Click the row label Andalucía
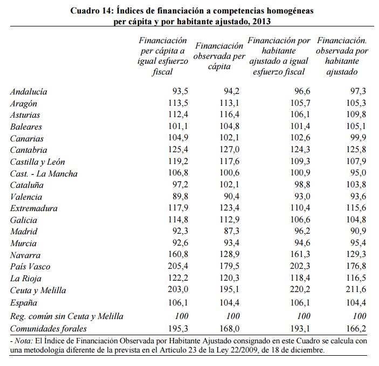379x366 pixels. click(28, 92)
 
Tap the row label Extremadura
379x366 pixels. click(33, 208)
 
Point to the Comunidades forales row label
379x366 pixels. click(48, 328)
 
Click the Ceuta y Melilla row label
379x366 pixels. click(38, 290)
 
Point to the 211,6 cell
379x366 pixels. click(356, 290)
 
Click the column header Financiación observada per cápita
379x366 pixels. click(219, 56)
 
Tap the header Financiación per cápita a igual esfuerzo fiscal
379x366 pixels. click(163, 56)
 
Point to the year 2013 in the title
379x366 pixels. click(260, 22)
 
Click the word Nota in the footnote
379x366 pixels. click(24, 341)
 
